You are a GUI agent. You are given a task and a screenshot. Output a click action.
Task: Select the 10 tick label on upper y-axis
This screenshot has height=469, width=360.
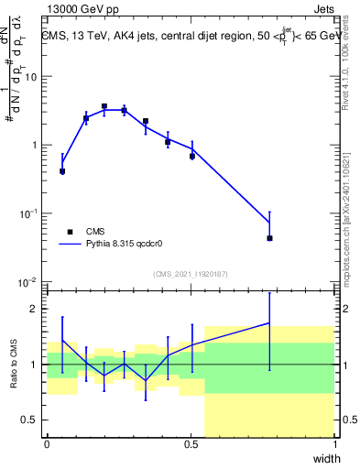[x=32, y=77]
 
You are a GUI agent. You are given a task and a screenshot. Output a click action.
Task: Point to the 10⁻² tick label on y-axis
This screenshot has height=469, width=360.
[x=29, y=281]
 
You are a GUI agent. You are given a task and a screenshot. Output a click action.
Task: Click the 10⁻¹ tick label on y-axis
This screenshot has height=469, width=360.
[x=29, y=213]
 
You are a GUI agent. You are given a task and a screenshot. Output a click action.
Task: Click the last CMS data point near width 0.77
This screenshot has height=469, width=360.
[x=269, y=238]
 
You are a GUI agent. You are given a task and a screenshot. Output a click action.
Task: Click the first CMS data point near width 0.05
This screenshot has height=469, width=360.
[x=62, y=171]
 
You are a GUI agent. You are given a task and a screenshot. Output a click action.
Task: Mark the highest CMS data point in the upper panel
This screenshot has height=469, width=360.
[x=104, y=106]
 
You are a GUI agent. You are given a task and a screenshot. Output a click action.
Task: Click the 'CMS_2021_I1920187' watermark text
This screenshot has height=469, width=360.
[x=190, y=272]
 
